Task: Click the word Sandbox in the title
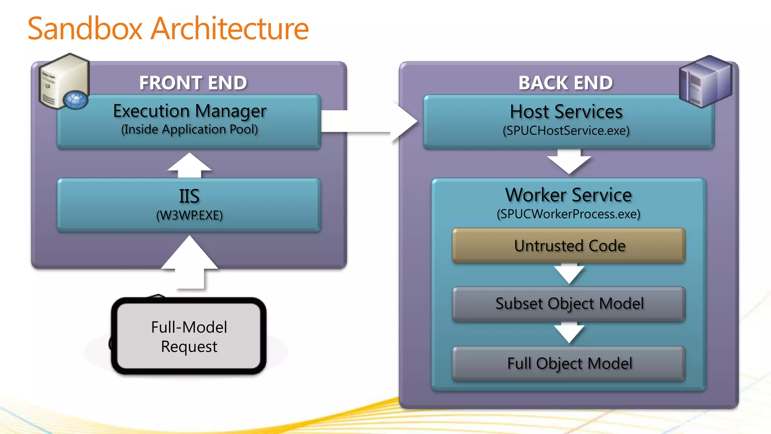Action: pyautogui.click(x=85, y=29)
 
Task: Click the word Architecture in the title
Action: pyautogui.click(x=230, y=29)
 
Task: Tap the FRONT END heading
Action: pyautogui.click(x=193, y=83)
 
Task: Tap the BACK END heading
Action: pyautogui.click(x=565, y=83)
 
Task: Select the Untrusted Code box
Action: pyautogui.click(x=569, y=246)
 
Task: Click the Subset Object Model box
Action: pyautogui.click(x=569, y=304)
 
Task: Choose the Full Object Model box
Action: pyautogui.click(x=569, y=364)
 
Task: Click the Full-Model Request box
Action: pyautogui.click(x=189, y=336)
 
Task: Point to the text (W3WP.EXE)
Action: pyautogui.click(x=189, y=215)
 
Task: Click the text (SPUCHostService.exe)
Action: pyautogui.click(x=566, y=131)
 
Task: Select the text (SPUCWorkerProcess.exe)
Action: pyautogui.click(x=568, y=214)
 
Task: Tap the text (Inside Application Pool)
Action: pyautogui.click(x=189, y=130)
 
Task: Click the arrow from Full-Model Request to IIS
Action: pyautogui.click(x=190, y=262)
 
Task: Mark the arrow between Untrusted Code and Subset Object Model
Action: pyautogui.click(x=569, y=274)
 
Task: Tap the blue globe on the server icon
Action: pyautogui.click(x=75, y=100)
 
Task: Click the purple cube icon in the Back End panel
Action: pyautogui.click(x=705, y=81)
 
